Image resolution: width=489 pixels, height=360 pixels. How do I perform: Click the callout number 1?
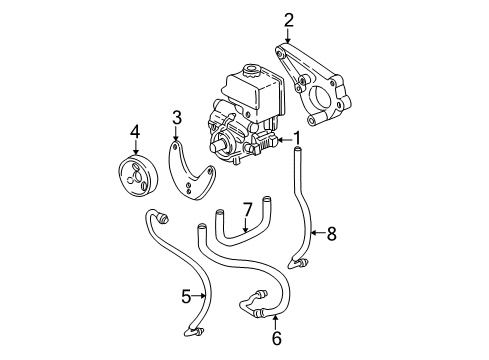297,137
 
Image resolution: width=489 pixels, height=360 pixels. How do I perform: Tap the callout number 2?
289,18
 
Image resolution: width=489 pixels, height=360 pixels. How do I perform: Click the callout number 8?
332,234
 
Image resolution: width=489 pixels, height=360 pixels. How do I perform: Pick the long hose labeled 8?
303,210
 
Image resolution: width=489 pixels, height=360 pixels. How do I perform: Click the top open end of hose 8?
297,148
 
